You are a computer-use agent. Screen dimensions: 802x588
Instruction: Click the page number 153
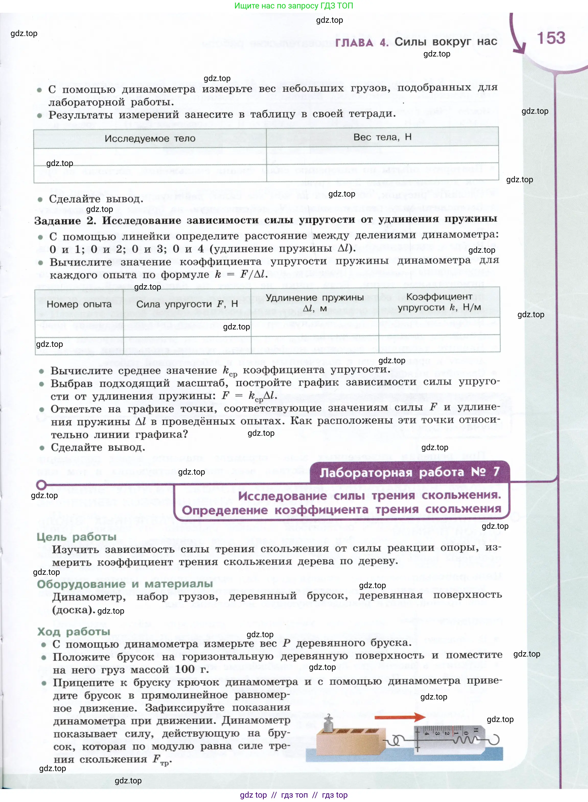pos(551,38)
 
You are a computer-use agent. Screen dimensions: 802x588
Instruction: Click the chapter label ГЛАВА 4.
pos(361,43)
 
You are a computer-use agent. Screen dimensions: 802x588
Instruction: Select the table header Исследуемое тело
pos(150,139)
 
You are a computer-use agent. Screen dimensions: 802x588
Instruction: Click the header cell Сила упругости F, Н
pos(187,304)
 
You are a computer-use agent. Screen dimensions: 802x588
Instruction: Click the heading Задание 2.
pos(65,221)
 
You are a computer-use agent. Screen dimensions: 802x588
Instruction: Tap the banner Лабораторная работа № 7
pos(409,472)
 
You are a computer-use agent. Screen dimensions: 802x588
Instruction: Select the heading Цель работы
pos(76,536)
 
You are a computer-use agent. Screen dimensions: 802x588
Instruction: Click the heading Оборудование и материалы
pos(125,584)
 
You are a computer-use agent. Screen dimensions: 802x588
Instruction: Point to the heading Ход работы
pos(74,632)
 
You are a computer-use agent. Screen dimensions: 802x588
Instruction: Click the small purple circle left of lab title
pos(41,485)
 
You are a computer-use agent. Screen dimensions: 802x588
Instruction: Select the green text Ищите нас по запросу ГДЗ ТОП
pos(294,6)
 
